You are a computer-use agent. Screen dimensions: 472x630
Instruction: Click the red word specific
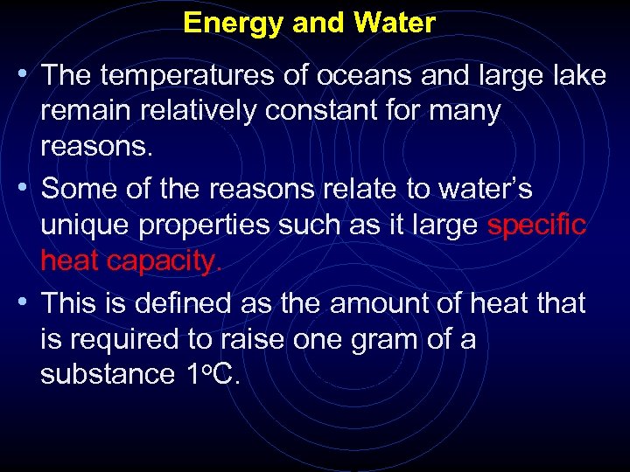coord(535,225)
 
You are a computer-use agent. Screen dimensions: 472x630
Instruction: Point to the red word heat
coord(70,260)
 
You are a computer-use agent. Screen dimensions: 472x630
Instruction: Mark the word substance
coord(108,374)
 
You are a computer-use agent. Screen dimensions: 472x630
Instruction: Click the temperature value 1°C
coord(213,374)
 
